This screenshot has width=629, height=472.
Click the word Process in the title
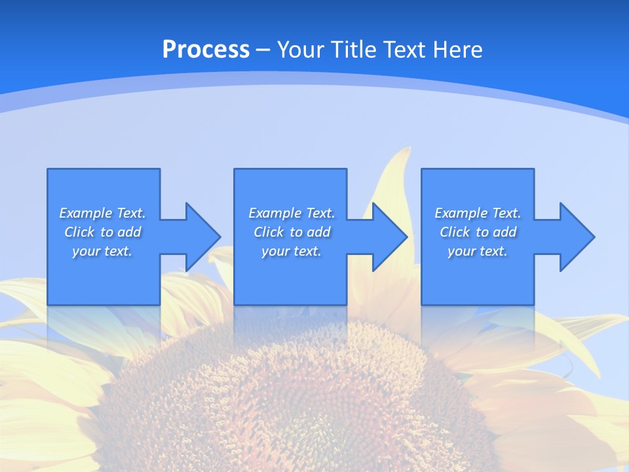[206, 50]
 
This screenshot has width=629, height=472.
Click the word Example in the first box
[86, 213]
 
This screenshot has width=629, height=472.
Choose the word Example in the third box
[461, 213]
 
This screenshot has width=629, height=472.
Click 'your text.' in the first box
[102, 251]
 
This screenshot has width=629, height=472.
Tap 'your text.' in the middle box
[292, 251]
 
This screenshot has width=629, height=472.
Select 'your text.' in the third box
[478, 251]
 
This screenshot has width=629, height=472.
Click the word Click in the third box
[455, 232]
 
